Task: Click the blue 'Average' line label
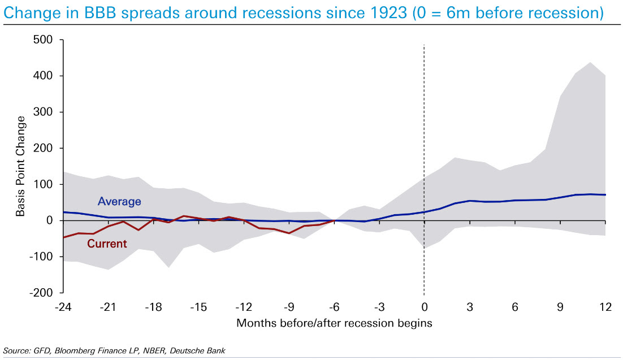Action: coord(119,201)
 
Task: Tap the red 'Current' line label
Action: coord(107,244)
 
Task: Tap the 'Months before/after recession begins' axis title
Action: coord(334,323)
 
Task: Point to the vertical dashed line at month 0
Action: coord(424,141)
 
